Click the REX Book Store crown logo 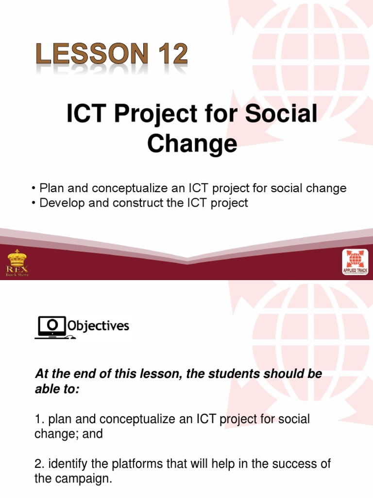click(17, 262)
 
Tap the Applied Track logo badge click(355, 263)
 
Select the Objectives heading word click(99, 325)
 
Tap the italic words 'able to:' click(56, 389)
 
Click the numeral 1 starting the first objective click(37, 419)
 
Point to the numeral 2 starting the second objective click(38, 464)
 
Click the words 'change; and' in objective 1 click(68, 434)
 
